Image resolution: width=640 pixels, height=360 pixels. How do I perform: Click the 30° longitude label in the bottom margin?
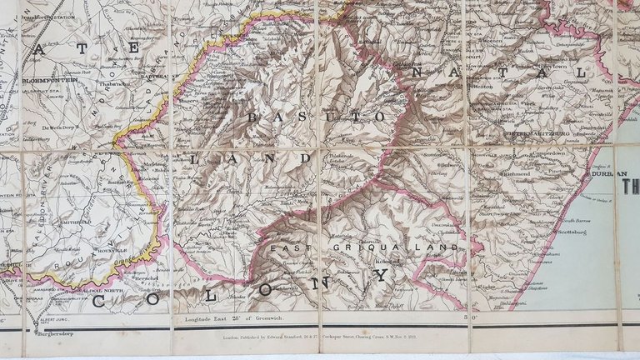[455, 317]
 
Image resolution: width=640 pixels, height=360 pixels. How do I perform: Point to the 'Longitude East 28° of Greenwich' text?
[231, 318]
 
